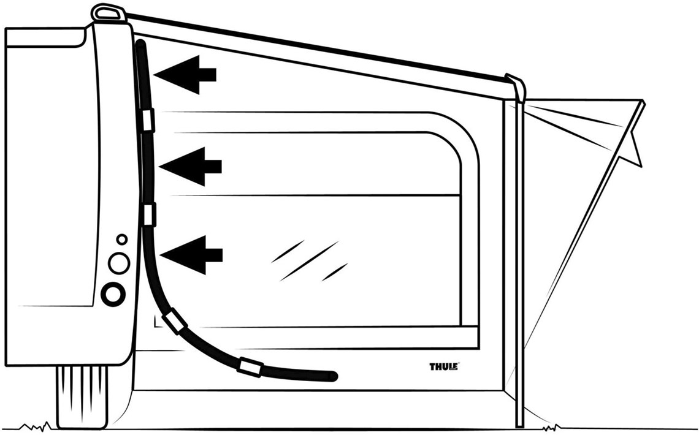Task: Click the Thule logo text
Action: (444, 366)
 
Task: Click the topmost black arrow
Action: (185, 75)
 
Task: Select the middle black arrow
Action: (190, 167)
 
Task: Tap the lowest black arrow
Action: (191, 255)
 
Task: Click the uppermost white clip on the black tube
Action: (148, 119)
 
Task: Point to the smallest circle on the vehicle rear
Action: (121, 240)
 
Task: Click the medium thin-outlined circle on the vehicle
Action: (119, 263)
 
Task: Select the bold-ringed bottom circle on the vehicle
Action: (113, 294)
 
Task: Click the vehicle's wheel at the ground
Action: (82, 395)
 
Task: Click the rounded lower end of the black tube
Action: (332, 376)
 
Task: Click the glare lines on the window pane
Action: (310, 260)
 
